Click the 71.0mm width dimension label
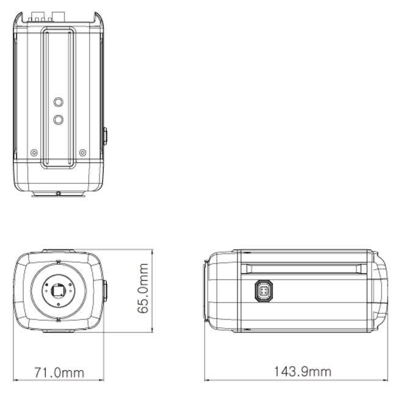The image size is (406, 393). pos(59,372)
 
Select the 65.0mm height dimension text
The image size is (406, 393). pos(143,288)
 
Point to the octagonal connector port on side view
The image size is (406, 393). pos(264,291)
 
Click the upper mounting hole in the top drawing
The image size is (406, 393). pos(58,103)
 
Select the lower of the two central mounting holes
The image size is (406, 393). pos(58,120)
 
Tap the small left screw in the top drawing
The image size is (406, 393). pos(34,152)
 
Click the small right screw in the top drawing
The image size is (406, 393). pos(83,152)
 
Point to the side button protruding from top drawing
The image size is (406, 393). pos(105,136)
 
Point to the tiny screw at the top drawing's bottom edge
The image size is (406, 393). pos(58,194)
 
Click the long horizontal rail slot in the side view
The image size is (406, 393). pos(303,268)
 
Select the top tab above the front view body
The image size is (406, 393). pos(59,251)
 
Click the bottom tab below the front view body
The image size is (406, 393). pos(59,331)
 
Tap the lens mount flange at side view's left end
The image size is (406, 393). pos(208,291)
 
